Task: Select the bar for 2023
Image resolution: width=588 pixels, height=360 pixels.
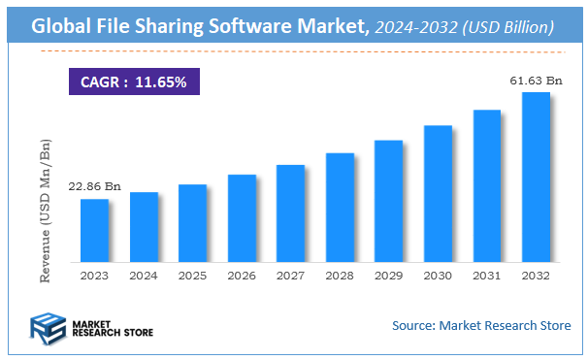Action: click(x=94, y=230)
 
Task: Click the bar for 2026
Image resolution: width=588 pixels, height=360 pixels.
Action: click(x=242, y=218)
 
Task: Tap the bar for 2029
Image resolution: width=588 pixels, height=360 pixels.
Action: click(x=388, y=201)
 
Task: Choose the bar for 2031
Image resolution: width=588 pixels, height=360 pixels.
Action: click(x=486, y=185)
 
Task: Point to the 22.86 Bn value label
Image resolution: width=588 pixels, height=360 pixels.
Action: click(x=94, y=185)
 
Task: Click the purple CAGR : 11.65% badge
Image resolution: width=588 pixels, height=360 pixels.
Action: click(x=134, y=82)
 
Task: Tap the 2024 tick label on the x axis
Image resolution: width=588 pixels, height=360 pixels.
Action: click(x=144, y=276)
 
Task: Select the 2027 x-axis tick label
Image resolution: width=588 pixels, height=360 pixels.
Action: click(x=290, y=276)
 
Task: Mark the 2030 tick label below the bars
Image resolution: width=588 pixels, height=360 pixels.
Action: click(x=438, y=276)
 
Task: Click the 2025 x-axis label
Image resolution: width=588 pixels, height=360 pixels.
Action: click(x=192, y=276)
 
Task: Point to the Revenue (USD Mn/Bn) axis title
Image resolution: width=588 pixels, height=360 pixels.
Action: click(x=45, y=211)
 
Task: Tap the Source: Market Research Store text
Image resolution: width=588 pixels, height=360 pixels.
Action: click(x=480, y=325)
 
